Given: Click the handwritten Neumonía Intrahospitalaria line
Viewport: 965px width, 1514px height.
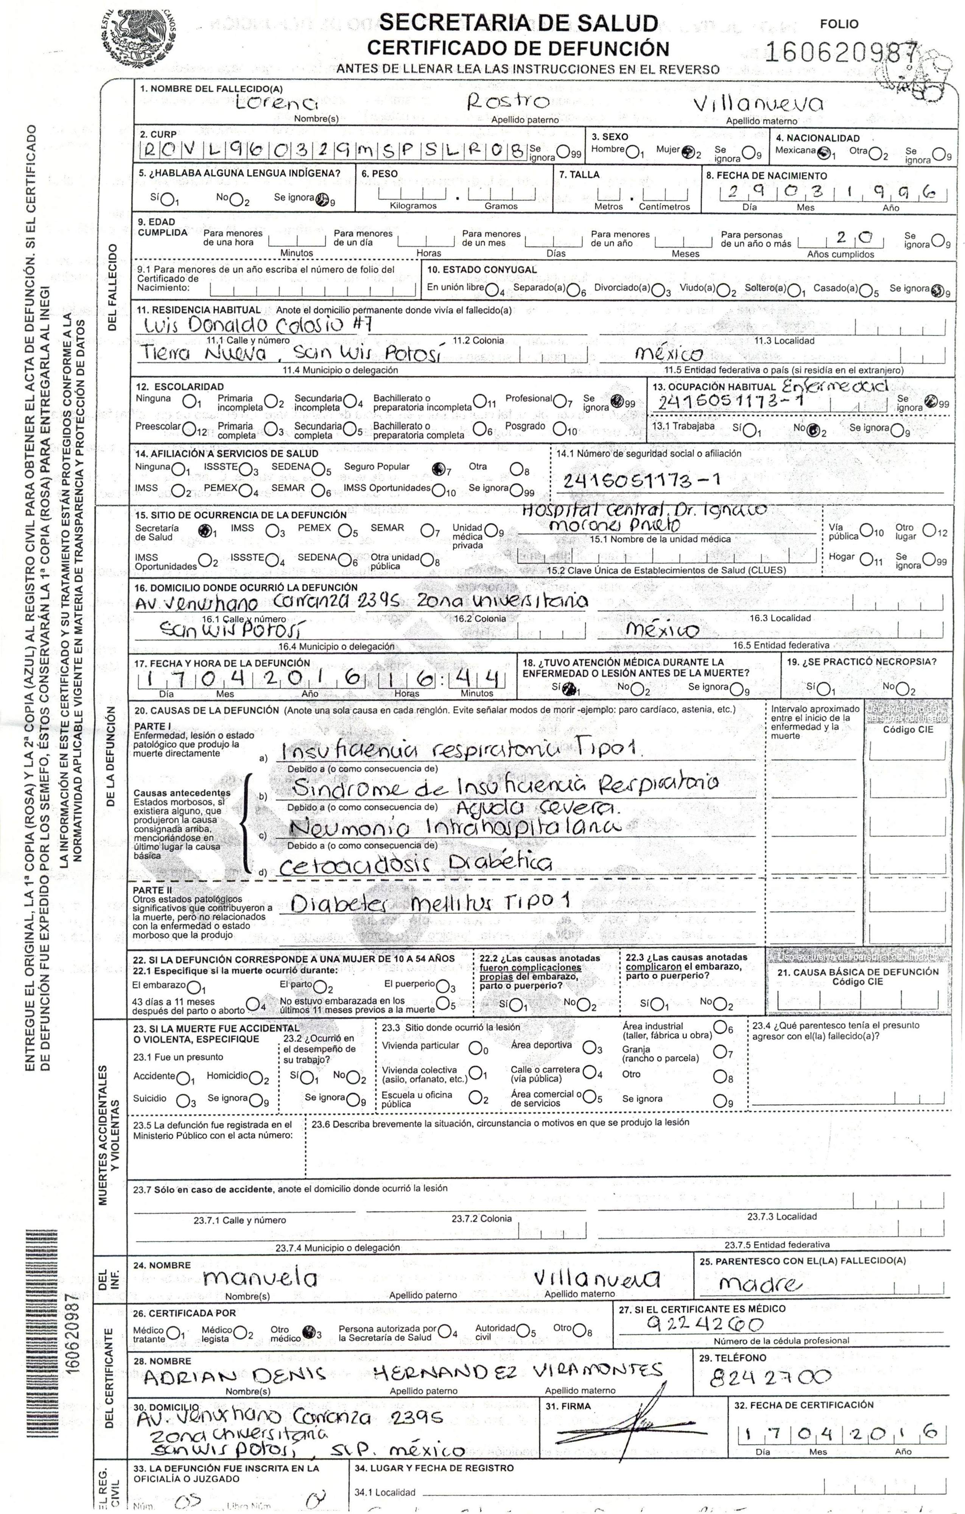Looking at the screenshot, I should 453,826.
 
